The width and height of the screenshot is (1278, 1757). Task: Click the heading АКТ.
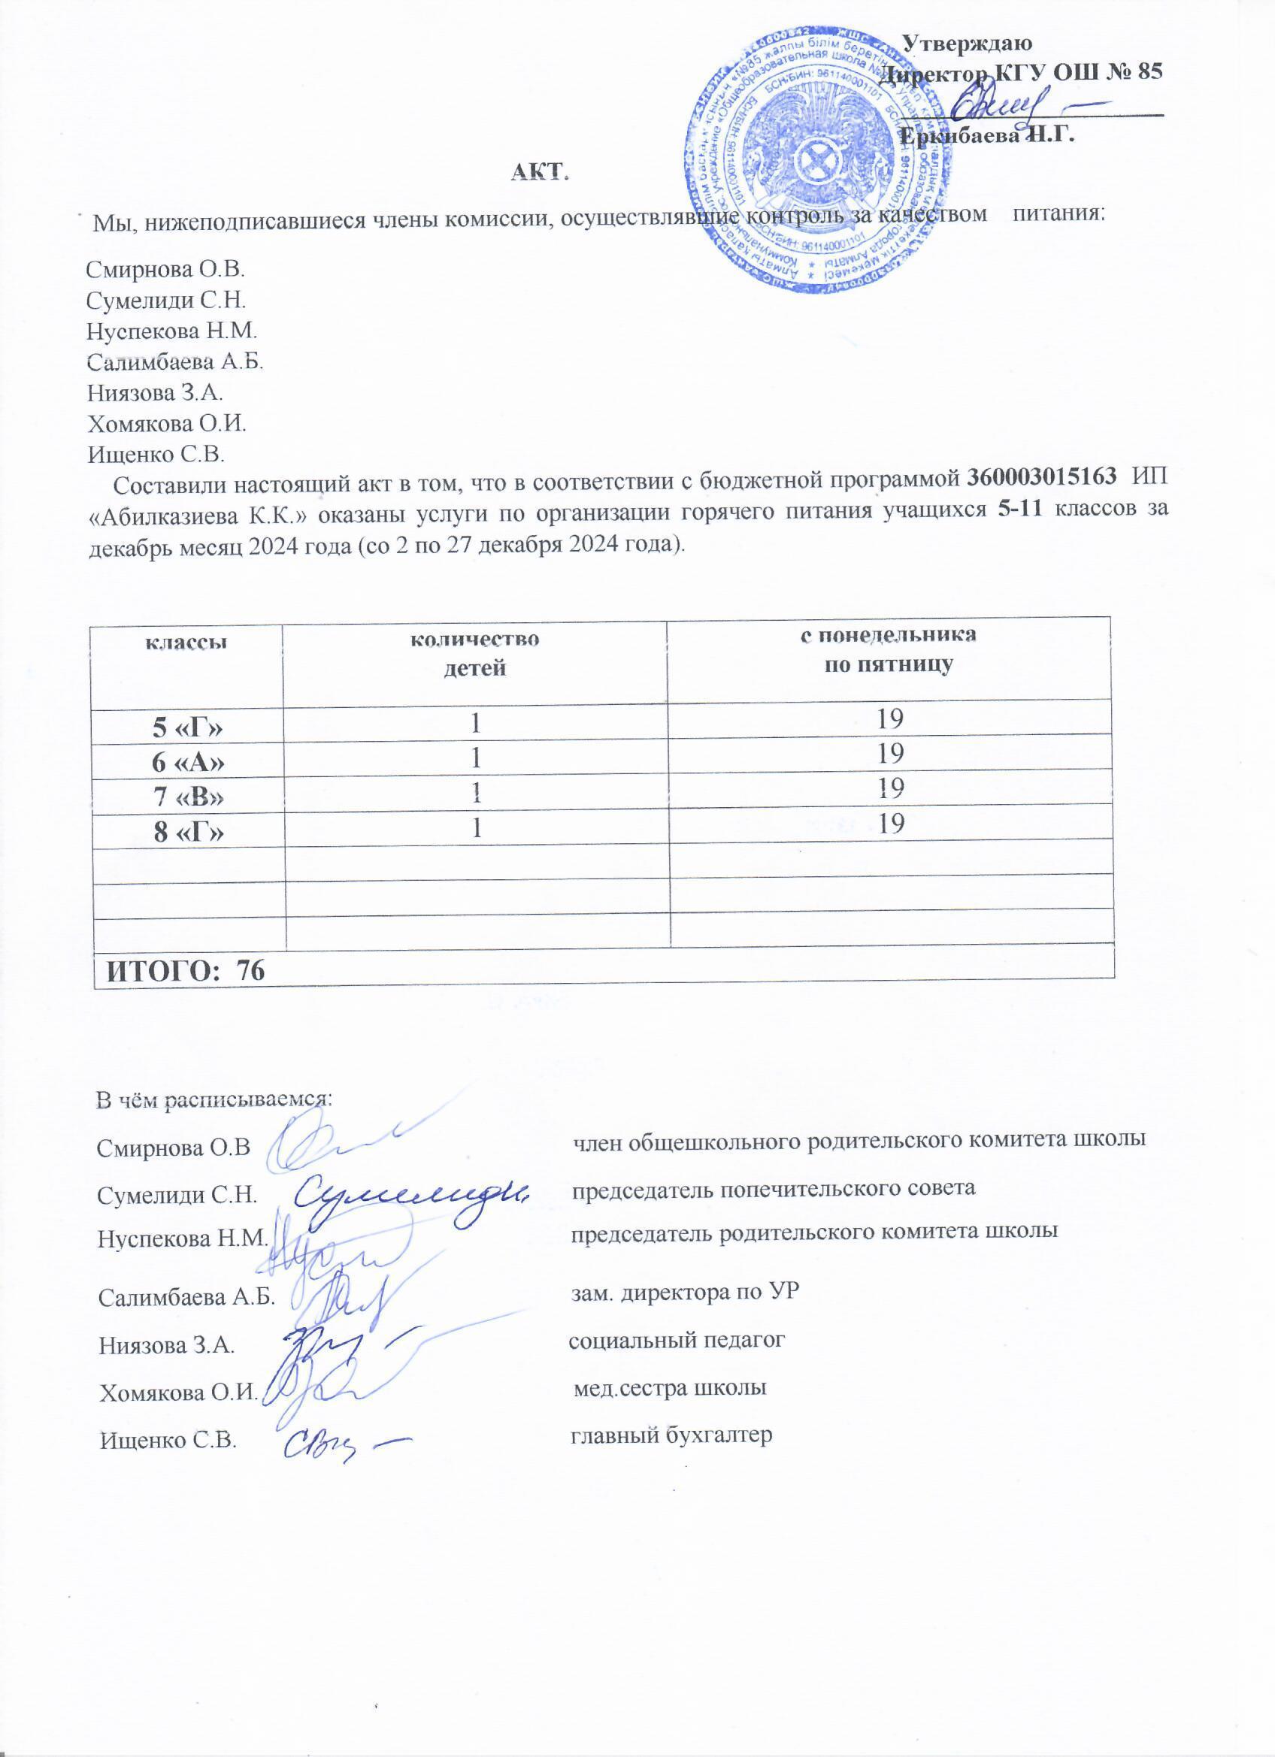coord(540,172)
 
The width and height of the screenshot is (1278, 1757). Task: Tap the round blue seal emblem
coord(821,165)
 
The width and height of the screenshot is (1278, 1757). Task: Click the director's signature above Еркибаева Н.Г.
coord(1007,101)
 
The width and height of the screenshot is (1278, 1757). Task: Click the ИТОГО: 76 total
coord(185,970)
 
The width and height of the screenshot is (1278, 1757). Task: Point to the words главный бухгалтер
coord(672,1435)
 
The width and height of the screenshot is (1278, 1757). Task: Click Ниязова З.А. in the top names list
coord(155,393)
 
